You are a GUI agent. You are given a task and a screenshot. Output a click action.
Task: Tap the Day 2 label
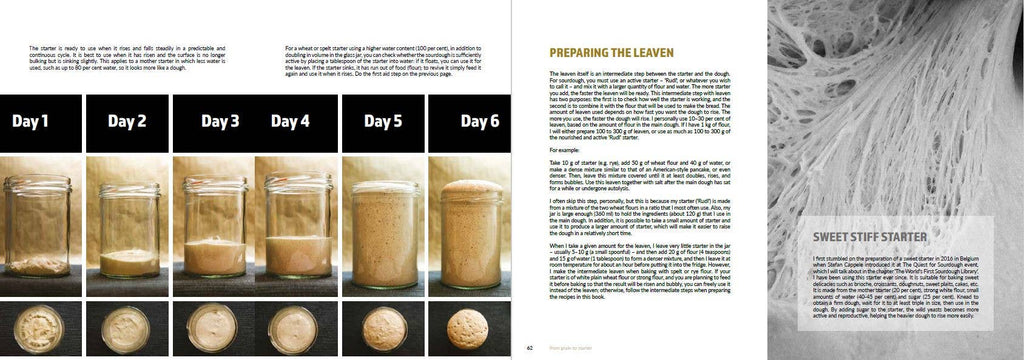pyautogui.click(x=127, y=122)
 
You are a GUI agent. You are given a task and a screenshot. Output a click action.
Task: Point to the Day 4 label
pyautogui.click(x=290, y=122)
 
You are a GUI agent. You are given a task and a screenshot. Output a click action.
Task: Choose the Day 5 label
pyautogui.click(x=382, y=122)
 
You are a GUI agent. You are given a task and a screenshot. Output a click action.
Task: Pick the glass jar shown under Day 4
pyautogui.click(x=294, y=231)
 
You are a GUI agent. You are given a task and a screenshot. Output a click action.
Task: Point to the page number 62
pyautogui.click(x=530, y=348)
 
